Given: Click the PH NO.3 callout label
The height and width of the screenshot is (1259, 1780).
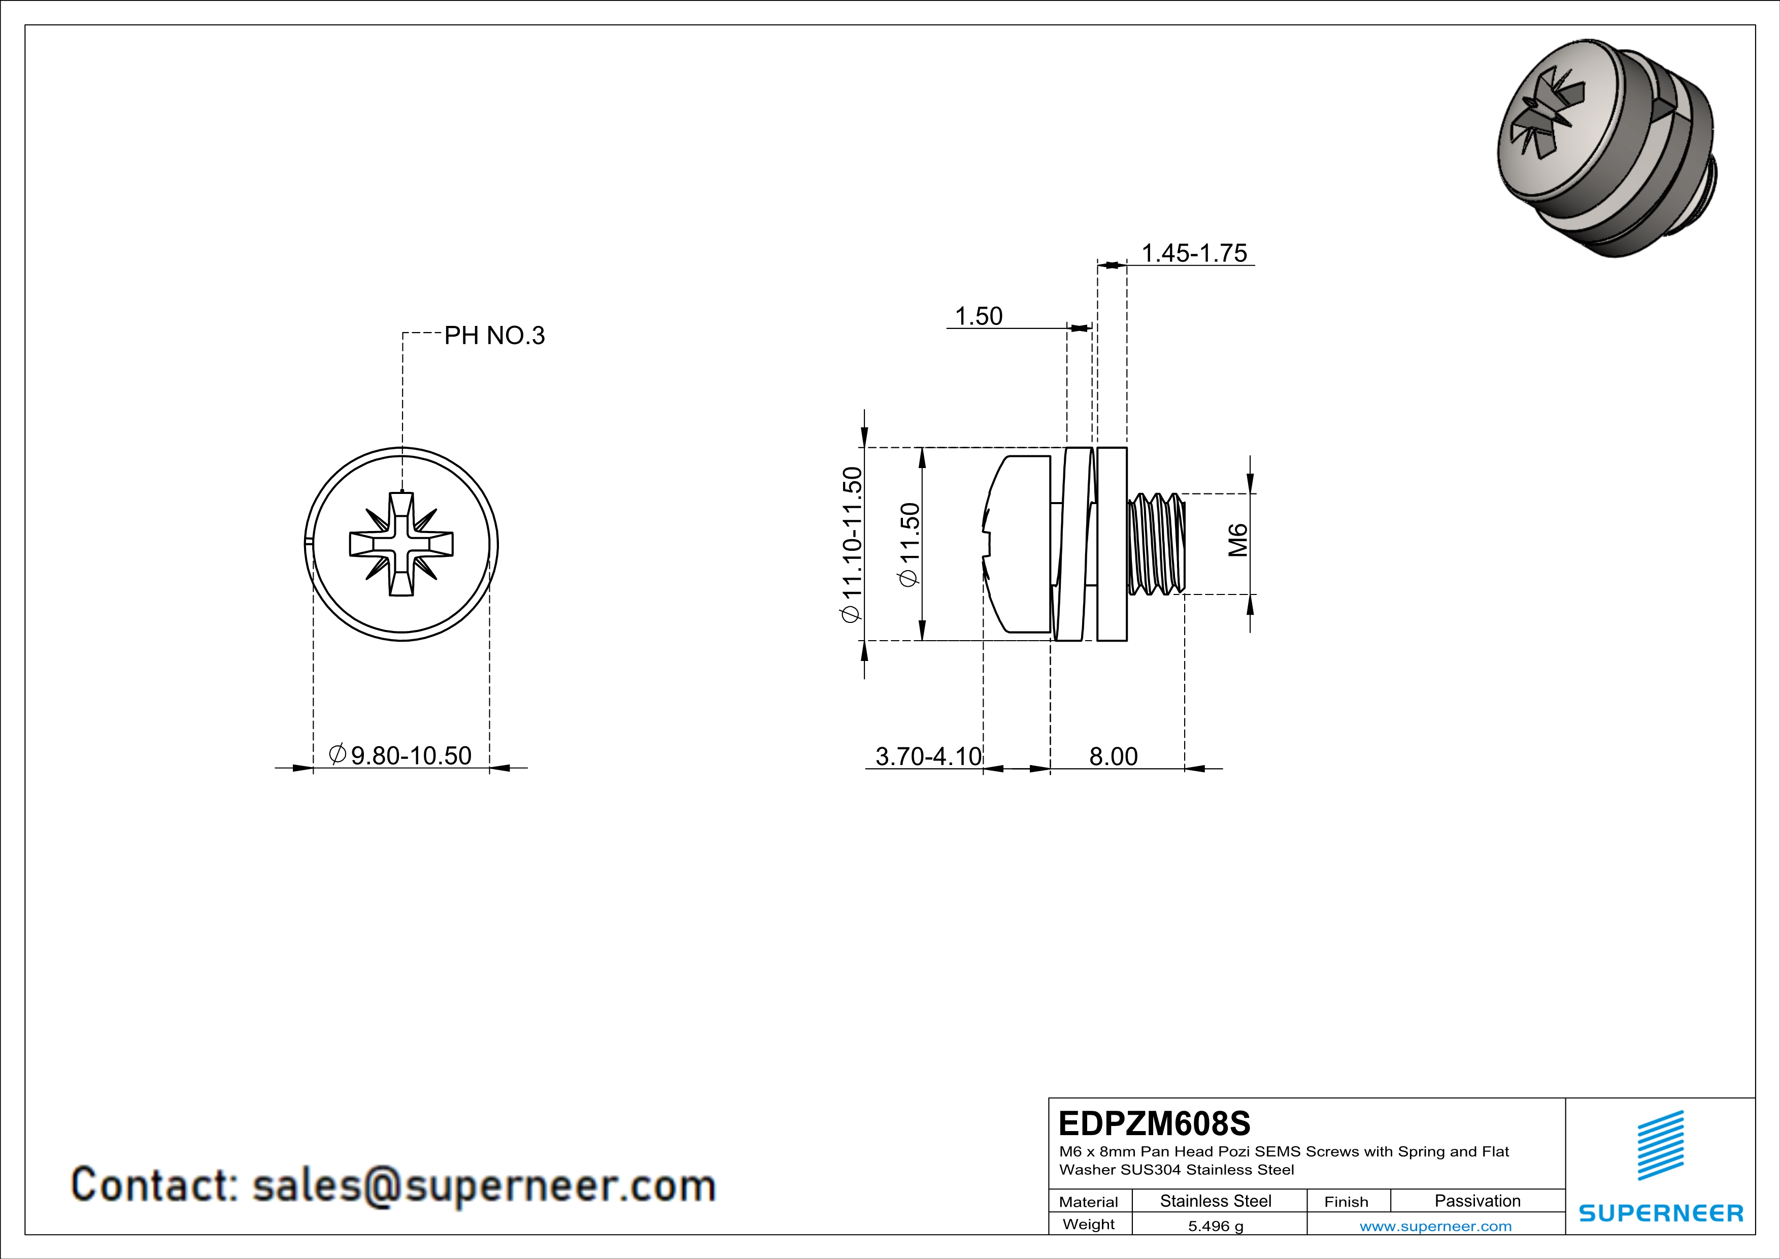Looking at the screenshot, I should pyautogui.click(x=494, y=336).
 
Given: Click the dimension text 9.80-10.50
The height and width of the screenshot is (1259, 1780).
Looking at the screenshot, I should pyautogui.click(x=411, y=755).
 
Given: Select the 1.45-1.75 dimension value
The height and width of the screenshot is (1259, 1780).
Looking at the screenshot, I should pyautogui.click(x=1194, y=253).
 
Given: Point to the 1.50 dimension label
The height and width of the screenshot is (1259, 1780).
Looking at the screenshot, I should pyautogui.click(x=979, y=316).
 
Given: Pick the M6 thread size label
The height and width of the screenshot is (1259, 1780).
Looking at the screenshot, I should pyautogui.click(x=1238, y=540).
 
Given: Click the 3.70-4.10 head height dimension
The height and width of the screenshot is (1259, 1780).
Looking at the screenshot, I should pyautogui.click(x=928, y=756).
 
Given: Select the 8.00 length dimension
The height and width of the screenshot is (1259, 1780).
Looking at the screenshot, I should pyautogui.click(x=1113, y=756).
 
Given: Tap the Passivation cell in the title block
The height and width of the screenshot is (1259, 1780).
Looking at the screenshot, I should pyautogui.click(x=1477, y=1201).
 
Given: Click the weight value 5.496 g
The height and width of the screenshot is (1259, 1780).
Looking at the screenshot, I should pyautogui.click(x=1216, y=1225).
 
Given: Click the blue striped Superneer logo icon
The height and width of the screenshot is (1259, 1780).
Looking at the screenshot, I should pyautogui.click(x=1660, y=1145).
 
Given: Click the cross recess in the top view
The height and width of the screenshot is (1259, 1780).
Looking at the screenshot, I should pyautogui.click(x=401, y=543).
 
